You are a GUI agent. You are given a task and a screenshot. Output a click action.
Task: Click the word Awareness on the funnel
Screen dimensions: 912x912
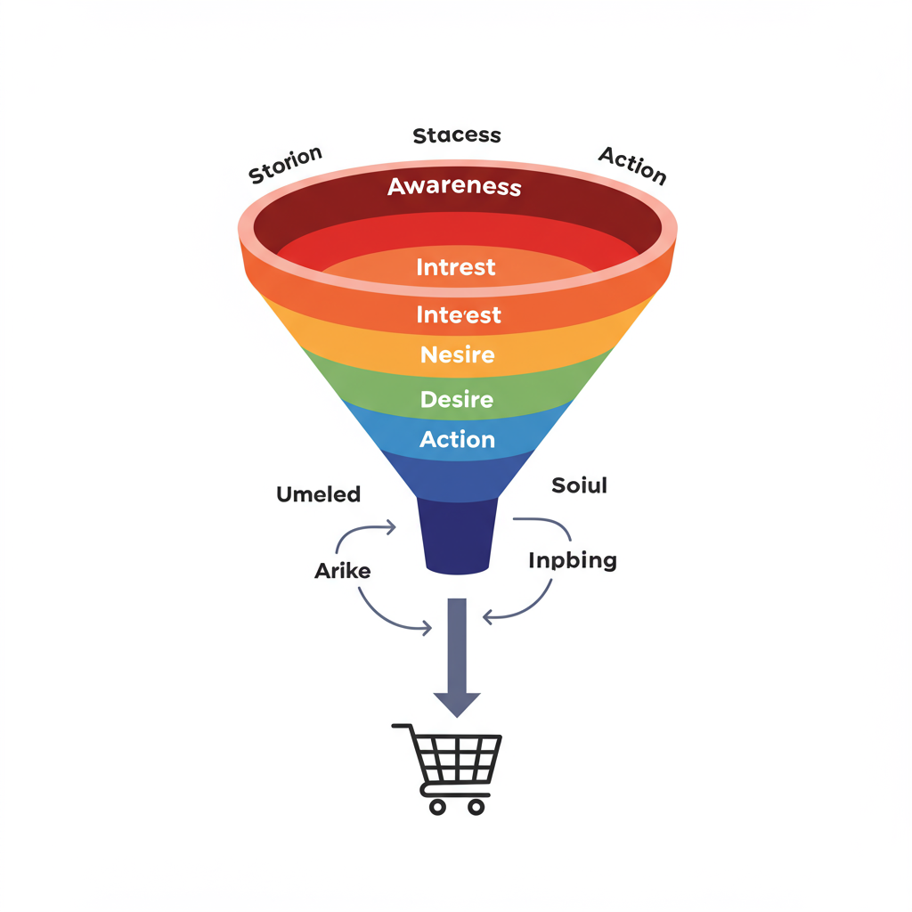454,187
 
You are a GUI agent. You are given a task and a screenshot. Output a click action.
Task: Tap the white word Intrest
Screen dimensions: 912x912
456,267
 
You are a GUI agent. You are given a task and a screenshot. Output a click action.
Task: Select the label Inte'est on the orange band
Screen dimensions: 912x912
459,314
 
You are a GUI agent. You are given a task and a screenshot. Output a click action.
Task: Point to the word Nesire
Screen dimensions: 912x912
457,355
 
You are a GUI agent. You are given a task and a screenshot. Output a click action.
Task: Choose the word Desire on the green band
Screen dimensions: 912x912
457,399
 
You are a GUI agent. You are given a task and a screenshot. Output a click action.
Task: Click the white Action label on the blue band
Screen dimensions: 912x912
457,440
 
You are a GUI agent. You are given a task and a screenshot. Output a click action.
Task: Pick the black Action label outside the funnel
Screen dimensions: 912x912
632,165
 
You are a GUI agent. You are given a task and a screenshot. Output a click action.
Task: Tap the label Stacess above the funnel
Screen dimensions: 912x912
457,135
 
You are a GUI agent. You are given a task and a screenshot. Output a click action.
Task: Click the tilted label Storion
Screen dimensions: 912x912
285,165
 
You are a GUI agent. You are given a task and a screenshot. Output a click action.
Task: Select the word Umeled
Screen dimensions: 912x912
319,494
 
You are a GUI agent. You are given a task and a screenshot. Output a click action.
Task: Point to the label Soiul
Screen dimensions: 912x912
579,485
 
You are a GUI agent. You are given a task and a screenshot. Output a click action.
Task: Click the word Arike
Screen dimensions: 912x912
343,571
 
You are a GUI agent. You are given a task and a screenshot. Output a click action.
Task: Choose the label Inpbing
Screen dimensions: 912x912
573,561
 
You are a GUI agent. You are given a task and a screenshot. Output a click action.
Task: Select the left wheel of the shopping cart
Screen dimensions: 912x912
437,806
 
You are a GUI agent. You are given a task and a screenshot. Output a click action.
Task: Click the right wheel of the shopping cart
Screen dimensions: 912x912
476,806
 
